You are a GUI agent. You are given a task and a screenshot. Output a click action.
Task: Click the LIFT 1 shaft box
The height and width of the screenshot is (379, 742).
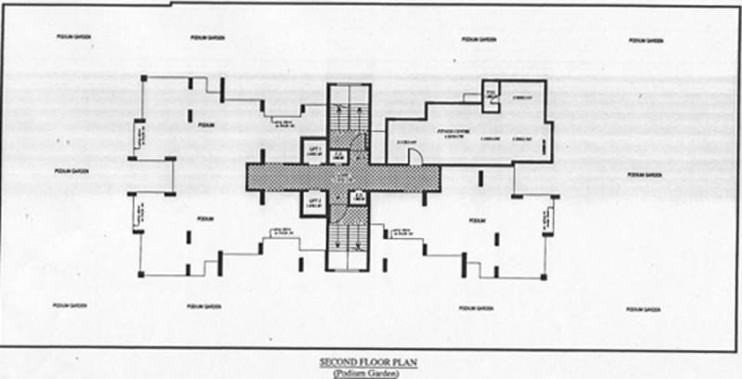313,152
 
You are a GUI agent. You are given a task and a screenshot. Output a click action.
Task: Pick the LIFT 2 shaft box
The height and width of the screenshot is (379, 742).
313,203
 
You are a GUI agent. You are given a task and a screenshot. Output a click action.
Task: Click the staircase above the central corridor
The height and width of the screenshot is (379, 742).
348,116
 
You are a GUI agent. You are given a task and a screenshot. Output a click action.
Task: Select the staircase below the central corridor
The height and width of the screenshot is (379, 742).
348,237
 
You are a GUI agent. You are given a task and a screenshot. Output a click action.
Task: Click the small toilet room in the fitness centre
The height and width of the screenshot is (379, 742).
491,92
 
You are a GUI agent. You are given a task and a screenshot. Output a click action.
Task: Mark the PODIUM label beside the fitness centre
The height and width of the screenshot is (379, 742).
477,220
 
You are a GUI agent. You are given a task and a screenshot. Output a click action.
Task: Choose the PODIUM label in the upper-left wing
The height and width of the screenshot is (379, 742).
206,124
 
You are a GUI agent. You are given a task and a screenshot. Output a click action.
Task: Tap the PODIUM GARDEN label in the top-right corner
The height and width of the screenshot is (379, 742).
646,41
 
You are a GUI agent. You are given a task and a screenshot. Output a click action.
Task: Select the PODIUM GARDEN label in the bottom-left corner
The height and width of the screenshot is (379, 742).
70,304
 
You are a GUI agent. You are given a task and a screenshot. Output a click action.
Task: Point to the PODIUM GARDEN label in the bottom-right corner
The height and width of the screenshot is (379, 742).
643,307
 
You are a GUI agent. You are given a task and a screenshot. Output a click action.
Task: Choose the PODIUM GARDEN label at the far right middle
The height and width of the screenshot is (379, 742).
646,175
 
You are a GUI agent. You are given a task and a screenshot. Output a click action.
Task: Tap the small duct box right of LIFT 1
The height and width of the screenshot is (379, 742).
339,156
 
